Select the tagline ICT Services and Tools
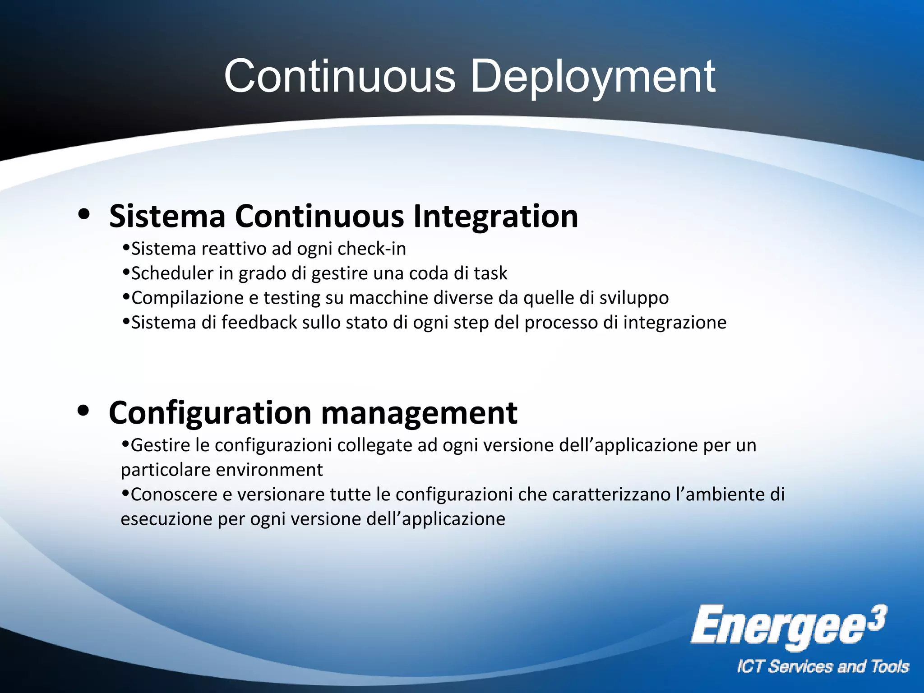(x=822, y=667)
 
